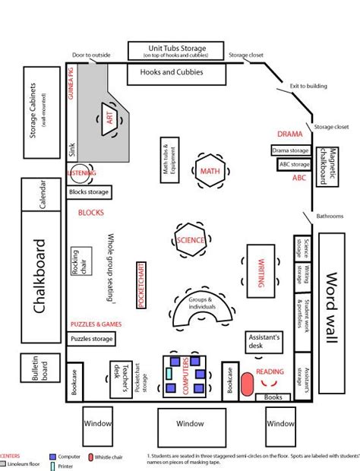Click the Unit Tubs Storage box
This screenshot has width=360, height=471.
click(x=177, y=51)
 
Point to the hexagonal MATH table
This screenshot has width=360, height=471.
click(x=209, y=172)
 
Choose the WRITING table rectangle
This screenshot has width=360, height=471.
click(x=260, y=267)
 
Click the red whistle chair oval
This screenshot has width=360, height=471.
click(x=248, y=384)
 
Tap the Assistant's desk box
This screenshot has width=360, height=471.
click(x=265, y=342)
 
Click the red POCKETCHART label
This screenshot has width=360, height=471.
click(x=141, y=284)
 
